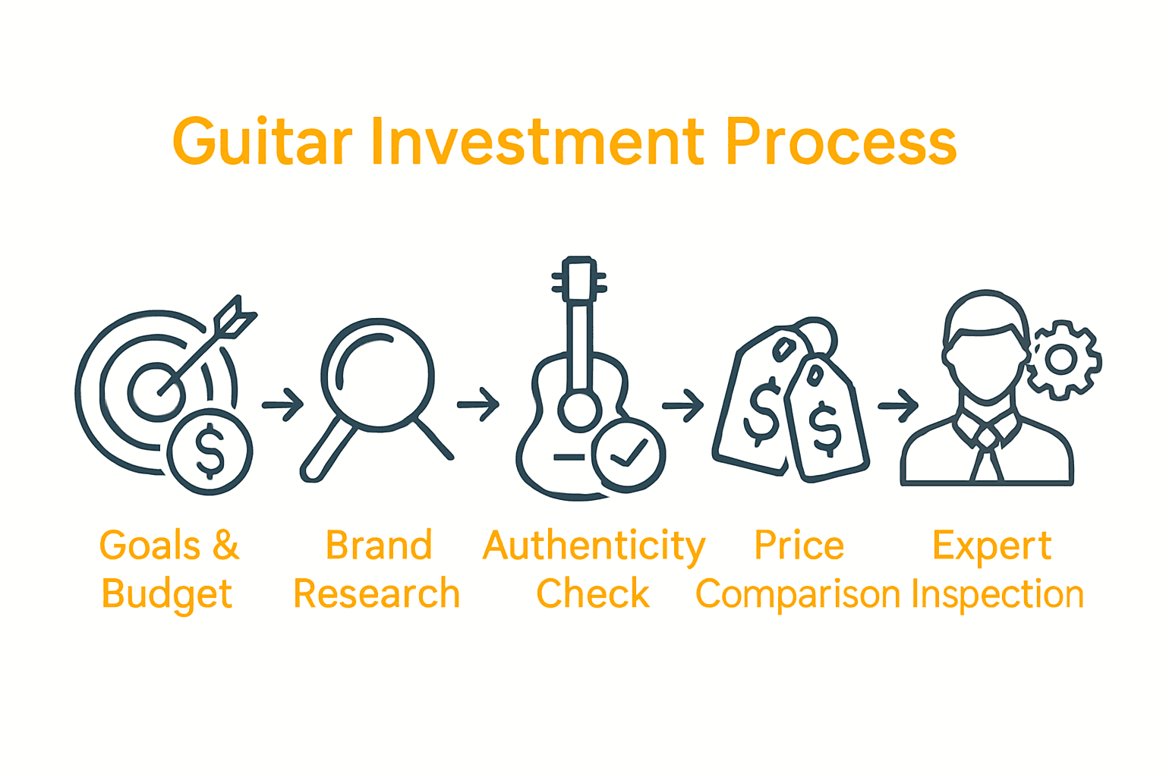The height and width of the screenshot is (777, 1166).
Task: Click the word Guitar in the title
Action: tap(262, 142)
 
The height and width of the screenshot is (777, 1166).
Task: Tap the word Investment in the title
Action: tap(537, 142)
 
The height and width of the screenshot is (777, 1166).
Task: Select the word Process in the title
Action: tap(840, 142)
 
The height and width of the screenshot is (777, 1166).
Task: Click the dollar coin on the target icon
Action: tap(210, 451)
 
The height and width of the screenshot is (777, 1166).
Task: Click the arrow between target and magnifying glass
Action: tap(283, 404)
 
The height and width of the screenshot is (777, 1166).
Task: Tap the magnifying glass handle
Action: tap(326, 452)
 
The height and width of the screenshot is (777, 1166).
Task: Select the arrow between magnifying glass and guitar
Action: tap(478, 404)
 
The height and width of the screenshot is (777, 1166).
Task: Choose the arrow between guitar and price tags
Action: tap(683, 406)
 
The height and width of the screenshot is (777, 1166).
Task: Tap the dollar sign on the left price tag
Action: tap(763, 414)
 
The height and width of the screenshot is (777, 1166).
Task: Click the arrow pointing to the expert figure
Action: tap(899, 406)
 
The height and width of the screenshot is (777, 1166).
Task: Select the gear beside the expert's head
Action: tap(1061, 359)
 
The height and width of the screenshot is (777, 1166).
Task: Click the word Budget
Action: tap(167, 594)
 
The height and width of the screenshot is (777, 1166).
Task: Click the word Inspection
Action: tap(997, 594)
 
